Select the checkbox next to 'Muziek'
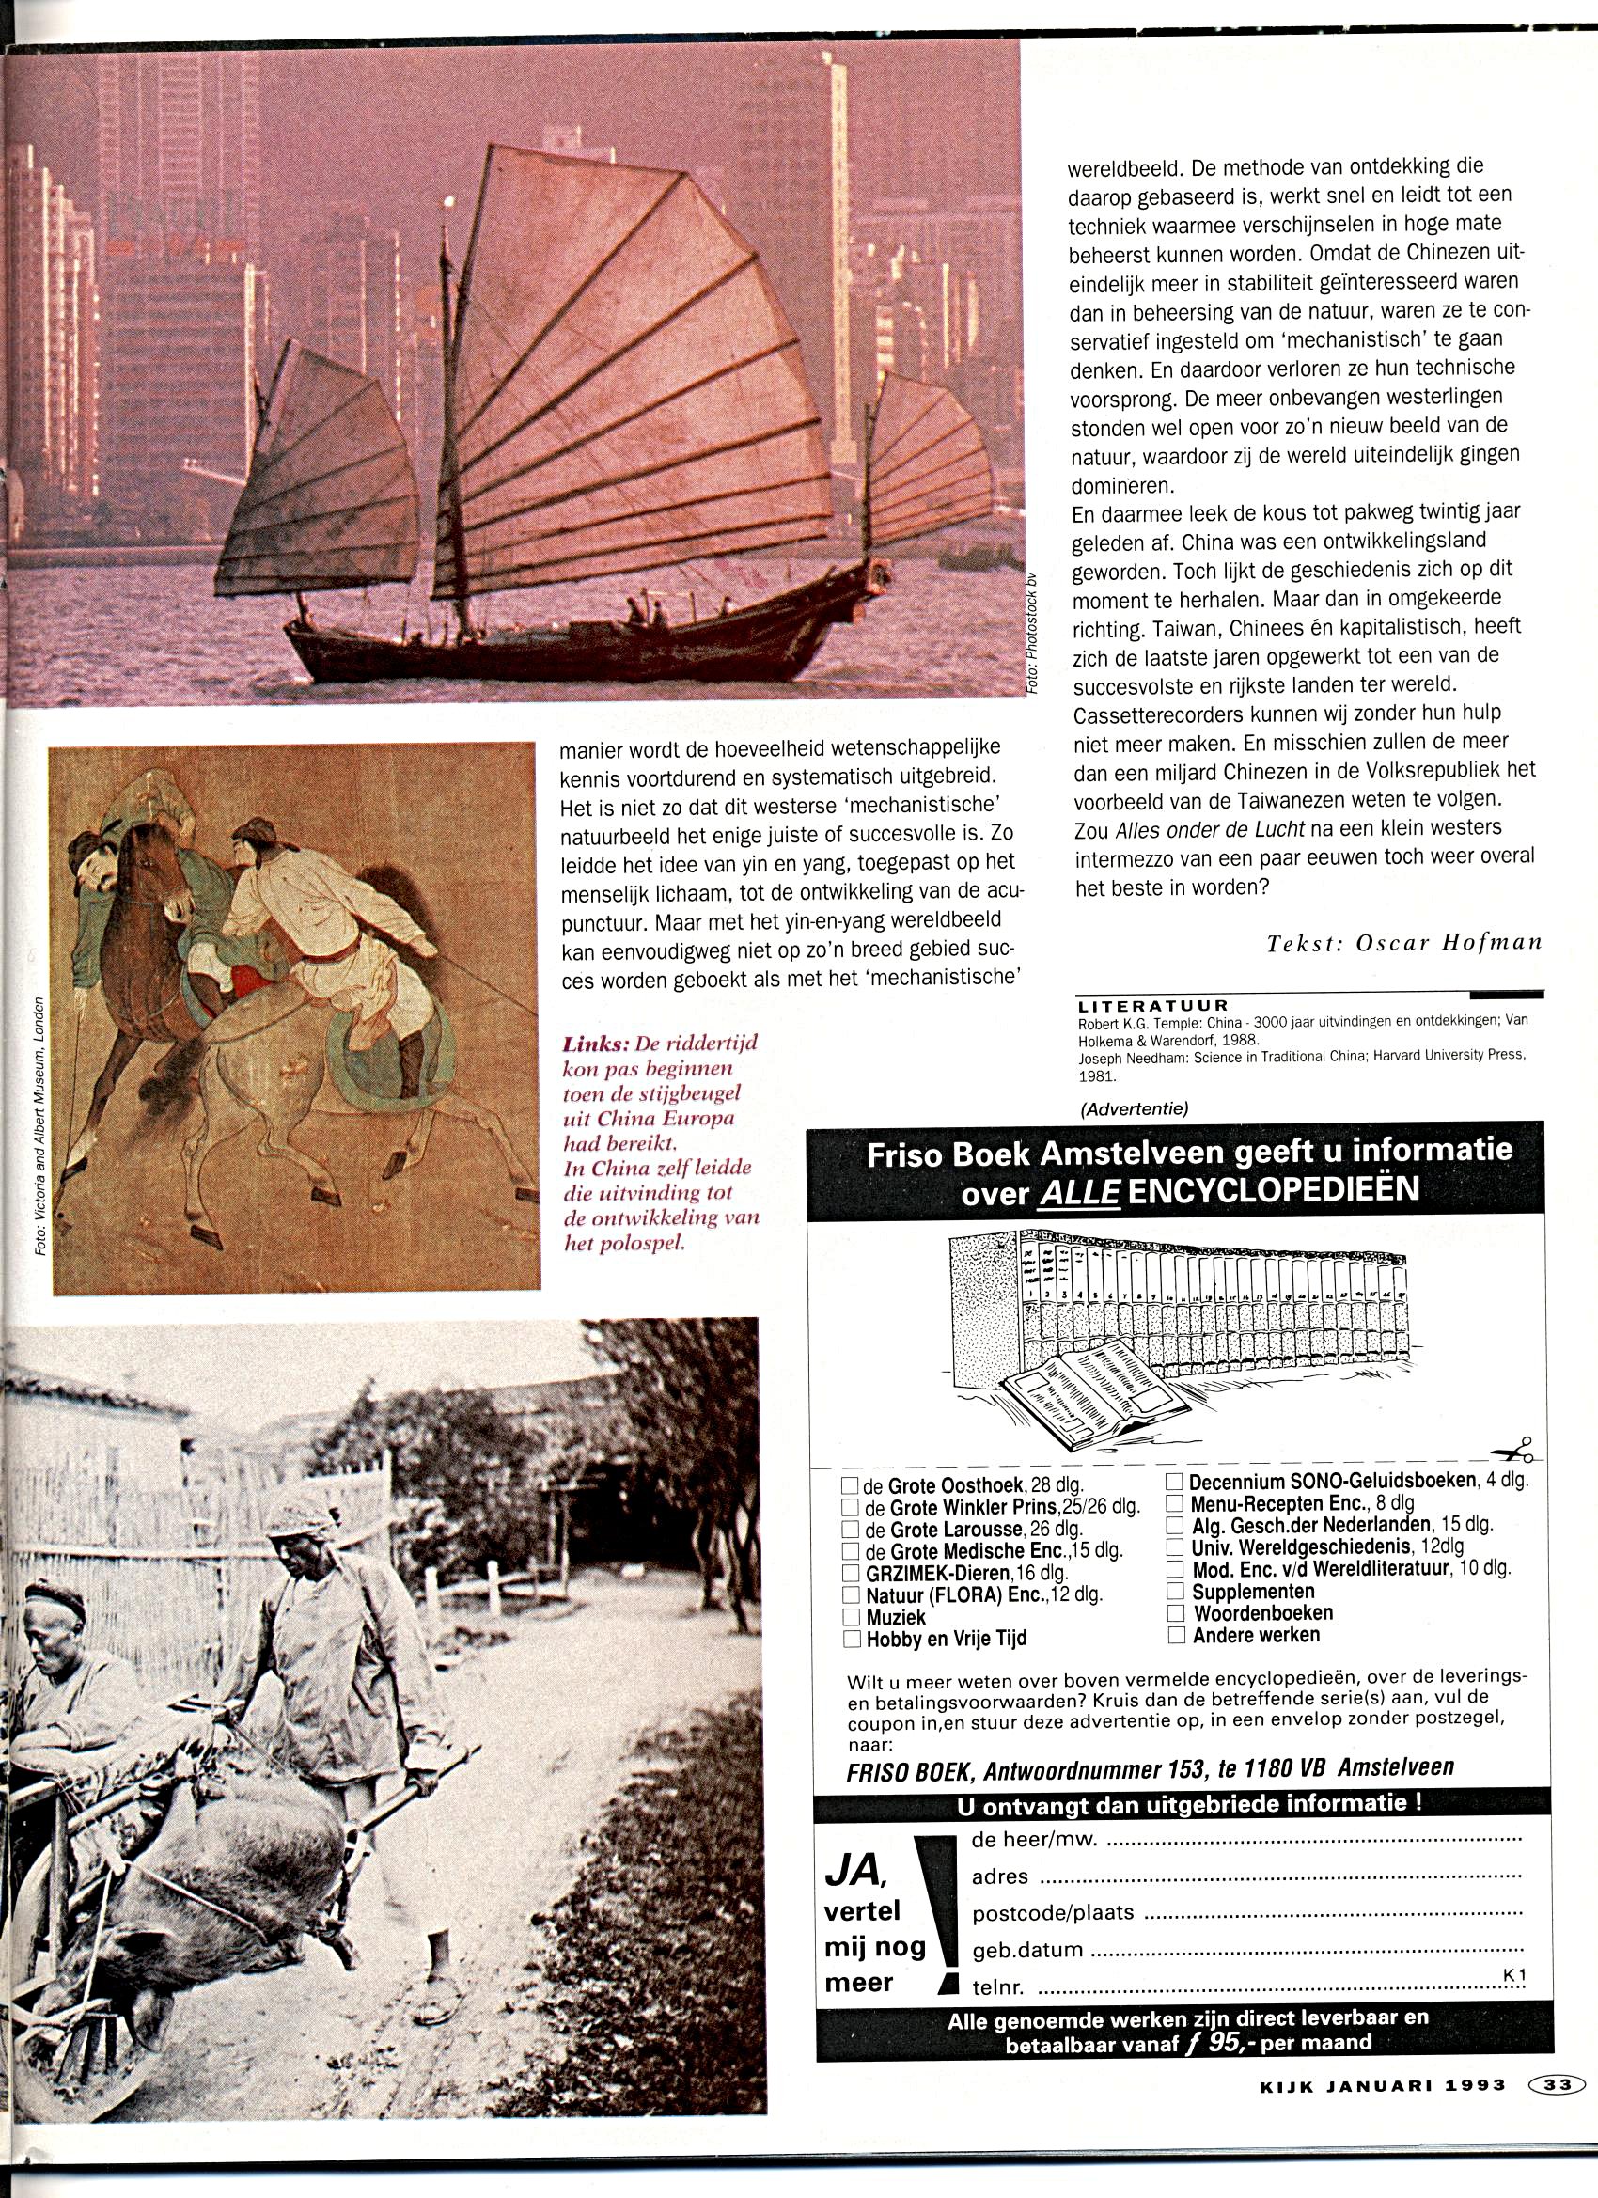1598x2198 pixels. [851, 1616]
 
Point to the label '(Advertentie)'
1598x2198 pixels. [1134, 1108]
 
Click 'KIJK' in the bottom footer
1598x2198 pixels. [1284, 2084]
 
